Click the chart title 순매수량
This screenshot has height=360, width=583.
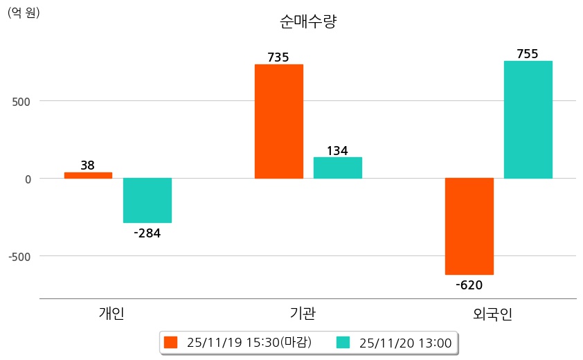[x=307, y=22]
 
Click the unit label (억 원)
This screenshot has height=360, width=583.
[x=24, y=12]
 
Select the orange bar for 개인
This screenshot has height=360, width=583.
[x=88, y=175]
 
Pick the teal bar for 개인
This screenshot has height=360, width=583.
[x=147, y=200]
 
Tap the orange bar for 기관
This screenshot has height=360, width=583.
[x=278, y=121]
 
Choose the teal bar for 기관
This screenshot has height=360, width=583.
[x=337, y=168]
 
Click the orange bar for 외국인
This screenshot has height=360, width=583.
[x=469, y=226]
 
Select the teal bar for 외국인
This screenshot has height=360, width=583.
[x=528, y=120]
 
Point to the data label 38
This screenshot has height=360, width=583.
[x=88, y=165]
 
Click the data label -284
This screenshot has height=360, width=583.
[x=147, y=233]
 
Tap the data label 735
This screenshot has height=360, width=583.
[x=278, y=57]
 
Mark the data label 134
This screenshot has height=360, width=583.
[x=337, y=151]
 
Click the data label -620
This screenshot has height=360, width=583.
[x=469, y=285]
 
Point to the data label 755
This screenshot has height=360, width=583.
[x=528, y=54]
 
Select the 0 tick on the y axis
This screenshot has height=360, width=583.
[x=28, y=179]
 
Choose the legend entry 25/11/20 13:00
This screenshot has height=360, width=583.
[x=394, y=343]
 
